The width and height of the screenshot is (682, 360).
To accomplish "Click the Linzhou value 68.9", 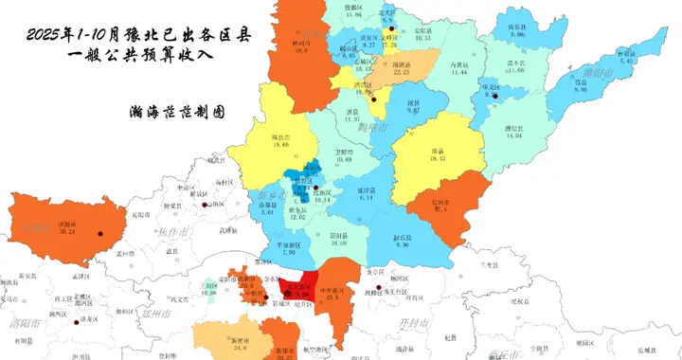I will click(x=301, y=50).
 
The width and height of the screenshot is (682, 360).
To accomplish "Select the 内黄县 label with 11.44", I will click(x=460, y=63).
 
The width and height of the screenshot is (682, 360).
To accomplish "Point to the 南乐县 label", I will click(x=516, y=27).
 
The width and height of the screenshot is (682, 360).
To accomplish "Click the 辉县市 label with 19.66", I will click(x=279, y=137).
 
